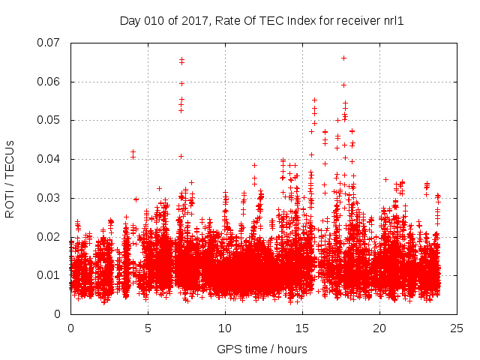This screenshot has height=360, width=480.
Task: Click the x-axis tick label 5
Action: tap(148, 328)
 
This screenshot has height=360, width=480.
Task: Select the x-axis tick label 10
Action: tap(225, 328)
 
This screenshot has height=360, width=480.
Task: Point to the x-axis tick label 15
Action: tap(302, 328)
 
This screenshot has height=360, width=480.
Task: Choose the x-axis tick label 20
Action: tap(379, 328)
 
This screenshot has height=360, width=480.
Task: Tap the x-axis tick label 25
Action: tap(457, 328)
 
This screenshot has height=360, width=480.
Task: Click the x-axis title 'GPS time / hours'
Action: tap(262, 349)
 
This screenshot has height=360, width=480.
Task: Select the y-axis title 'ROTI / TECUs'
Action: tap(10, 178)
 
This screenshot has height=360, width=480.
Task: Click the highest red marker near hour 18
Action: tap(343, 58)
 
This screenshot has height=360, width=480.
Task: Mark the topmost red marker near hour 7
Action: tap(181, 59)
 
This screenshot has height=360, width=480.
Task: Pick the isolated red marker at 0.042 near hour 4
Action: tap(133, 152)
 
